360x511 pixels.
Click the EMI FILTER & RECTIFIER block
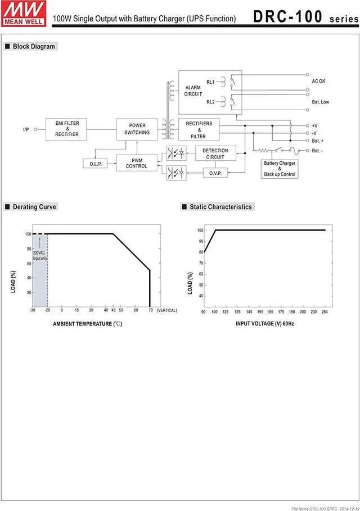coord(67,129)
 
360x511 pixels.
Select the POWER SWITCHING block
coord(137,129)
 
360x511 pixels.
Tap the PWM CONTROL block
coord(137,162)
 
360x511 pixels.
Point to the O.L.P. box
coord(95,164)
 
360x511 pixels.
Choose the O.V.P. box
coord(215,173)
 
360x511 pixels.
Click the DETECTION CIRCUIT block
coord(215,153)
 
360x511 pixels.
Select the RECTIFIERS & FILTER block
coord(199,130)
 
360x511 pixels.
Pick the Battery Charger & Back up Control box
coord(280,169)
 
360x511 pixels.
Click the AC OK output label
coord(318,82)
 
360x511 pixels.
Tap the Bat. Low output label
coord(320,102)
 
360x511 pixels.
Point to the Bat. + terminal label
coord(317,140)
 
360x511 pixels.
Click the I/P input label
coord(26,129)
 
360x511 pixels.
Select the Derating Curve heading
coord(34,207)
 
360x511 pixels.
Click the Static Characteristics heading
coord(220,207)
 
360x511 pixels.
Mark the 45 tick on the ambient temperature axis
coord(113,310)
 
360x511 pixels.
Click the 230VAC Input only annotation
coord(40,255)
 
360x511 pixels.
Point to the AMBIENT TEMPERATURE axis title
coord(87,324)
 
